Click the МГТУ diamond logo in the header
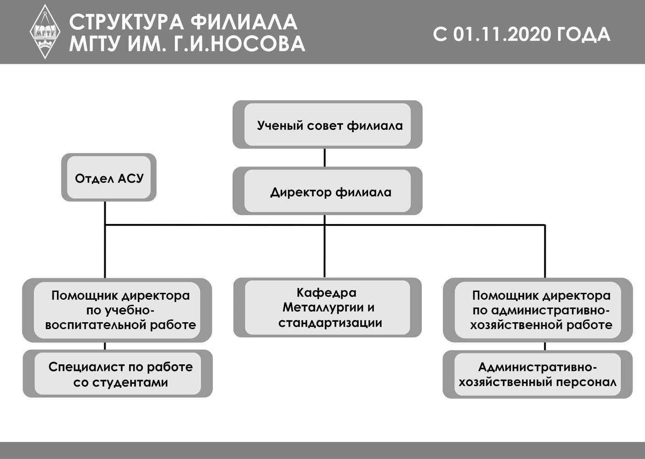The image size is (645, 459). [45, 32]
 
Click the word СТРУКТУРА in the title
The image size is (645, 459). [126, 22]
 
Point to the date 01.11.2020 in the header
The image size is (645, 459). [502, 34]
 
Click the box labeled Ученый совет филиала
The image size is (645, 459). [328, 124]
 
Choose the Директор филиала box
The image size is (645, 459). [328, 190]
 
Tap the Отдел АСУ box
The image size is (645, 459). [109, 177]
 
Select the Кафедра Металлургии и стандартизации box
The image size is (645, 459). [328, 308]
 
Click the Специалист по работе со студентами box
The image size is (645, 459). [118, 374]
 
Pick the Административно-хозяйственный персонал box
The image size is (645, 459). [537, 374]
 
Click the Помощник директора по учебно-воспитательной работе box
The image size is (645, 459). [117, 310]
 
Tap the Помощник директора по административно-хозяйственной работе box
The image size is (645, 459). [537, 310]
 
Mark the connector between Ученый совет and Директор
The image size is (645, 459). [325, 158]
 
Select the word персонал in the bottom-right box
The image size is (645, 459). [586, 383]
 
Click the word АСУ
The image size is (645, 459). [130, 179]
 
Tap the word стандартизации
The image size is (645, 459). [330, 323]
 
